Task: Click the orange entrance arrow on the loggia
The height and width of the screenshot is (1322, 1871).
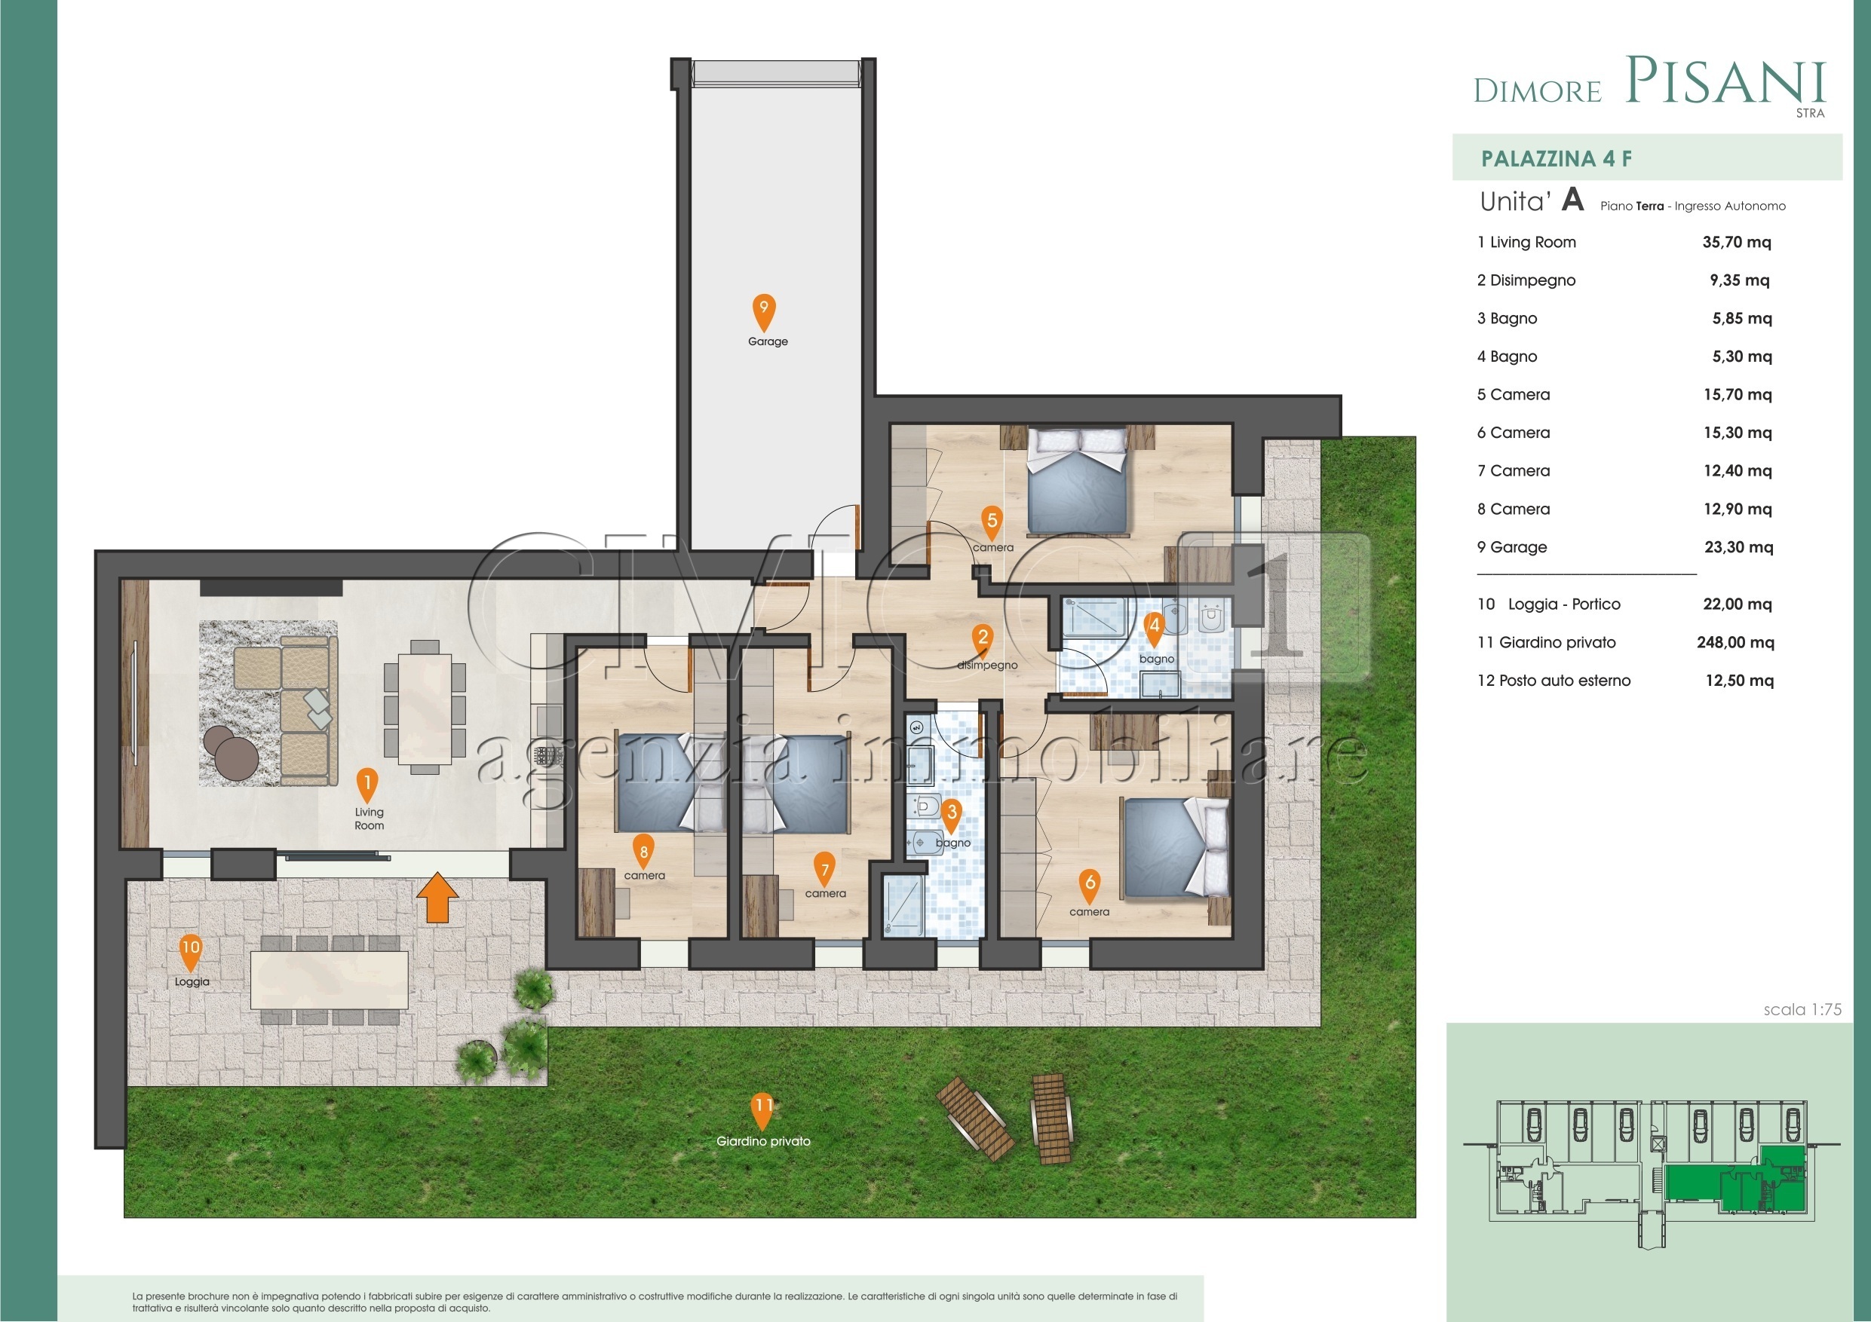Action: click(x=437, y=897)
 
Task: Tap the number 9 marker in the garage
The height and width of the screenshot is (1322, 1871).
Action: click(x=763, y=311)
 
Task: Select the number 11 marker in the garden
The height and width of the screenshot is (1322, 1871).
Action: click(x=762, y=1109)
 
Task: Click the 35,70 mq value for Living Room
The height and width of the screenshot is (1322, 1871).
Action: click(x=1737, y=242)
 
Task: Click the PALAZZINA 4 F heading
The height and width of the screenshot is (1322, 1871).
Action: click(x=1556, y=159)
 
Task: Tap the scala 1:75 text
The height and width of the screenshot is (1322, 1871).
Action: click(x=1802, y=1009)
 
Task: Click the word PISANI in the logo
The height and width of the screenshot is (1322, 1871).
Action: click(x=1725, y=81)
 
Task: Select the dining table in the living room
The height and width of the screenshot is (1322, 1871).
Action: click(x=425, y=708)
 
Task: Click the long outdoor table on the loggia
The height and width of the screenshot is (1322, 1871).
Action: click(x=330, y=980)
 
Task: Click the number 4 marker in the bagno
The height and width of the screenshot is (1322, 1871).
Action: click(x=1154, y=627)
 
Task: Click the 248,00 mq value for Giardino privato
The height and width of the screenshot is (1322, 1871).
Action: click(x=1735, y=643)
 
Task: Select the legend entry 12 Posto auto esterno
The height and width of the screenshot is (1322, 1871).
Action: click(x=1554, y=681)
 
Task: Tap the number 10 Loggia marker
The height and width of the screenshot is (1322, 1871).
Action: click(x=190, y=950)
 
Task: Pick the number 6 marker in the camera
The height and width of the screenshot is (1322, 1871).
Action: click(x=1090, y=885)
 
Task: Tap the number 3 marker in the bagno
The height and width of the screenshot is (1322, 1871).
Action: click(x=951, y=815)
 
